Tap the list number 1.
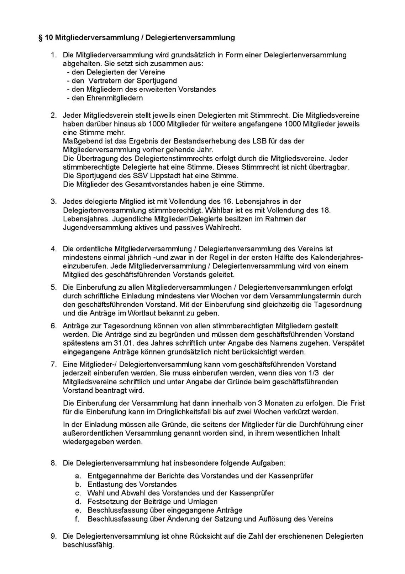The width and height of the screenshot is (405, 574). [54, 55]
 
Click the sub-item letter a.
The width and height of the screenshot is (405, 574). [78, 476]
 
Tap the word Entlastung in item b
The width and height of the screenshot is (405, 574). [104, 485]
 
